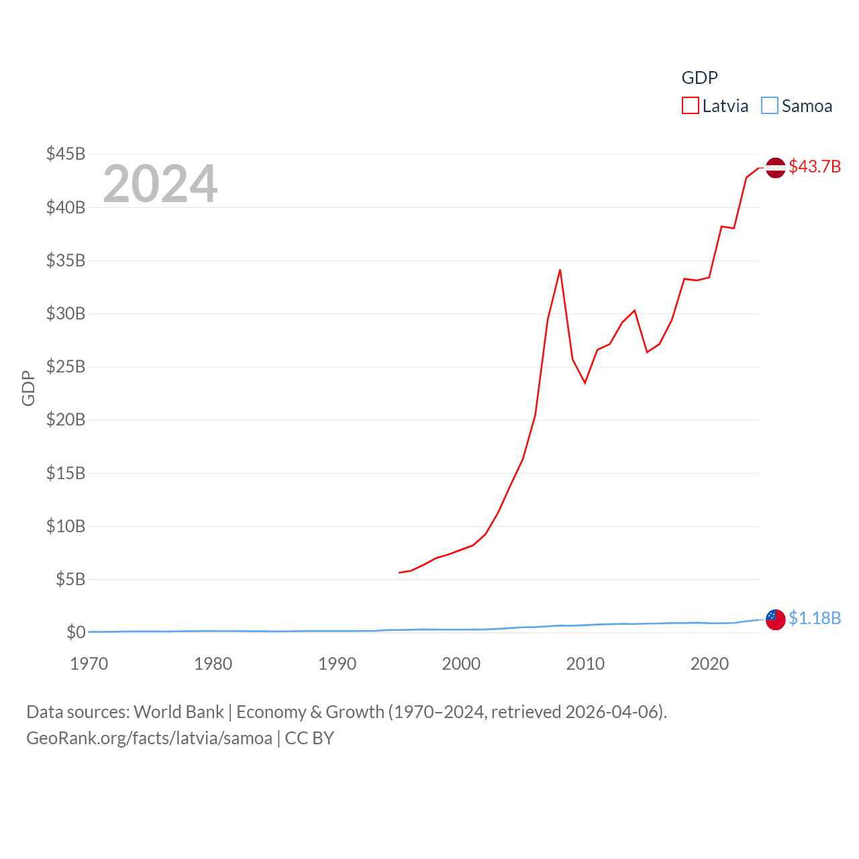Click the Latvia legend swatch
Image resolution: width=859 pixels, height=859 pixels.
pyautogui.click(x=691, y=106)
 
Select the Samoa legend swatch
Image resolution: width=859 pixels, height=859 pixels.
pyautogui.click(x=770, y=106)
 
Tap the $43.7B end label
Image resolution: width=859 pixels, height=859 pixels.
pyautogui.click(x=815, y=166)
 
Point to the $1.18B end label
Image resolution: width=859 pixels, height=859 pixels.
pyautogui.click(x=815, y=618)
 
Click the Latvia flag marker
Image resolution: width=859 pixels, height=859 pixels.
pyautogui.click(x=776, y=167)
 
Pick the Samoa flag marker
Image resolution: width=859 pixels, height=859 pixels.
pyautogui.click(x=776, y=619)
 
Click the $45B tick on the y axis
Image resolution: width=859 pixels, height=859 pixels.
pyautogui.click(x=66, y=154)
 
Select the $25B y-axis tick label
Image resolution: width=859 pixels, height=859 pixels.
pyautogui.click(x=66, y=366)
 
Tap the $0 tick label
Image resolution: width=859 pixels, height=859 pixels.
pyautogui.click(x=76, y=632)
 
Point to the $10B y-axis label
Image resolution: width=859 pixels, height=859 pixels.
pyautogui.click(x=66, y=526)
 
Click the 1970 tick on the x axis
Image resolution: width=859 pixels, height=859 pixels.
pyautogui.click(x=89, y=664)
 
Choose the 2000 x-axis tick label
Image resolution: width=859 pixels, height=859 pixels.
pyautogui.click(x=461, y=664)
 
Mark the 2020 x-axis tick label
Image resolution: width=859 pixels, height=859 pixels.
pyautogui.click(x=709, y=664)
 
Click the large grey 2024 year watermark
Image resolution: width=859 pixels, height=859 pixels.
pyautogui.click(x=160, y=183)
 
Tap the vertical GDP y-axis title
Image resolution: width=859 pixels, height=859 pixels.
pyautogui.click(x=28, y=388)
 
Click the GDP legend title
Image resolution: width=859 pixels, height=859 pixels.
pyautogui.click(x=699, y=78)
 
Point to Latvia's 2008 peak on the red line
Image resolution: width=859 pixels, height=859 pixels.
pyautogui.click(x=560, y=270)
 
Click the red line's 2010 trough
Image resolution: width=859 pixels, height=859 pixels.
pyautogui.click(x=585, y=383)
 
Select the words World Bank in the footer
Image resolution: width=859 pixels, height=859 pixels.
pyautogui.click(x=179, y=711)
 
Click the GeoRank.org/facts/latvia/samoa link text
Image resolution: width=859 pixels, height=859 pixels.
pyautogui.click(x=149, y=738)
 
